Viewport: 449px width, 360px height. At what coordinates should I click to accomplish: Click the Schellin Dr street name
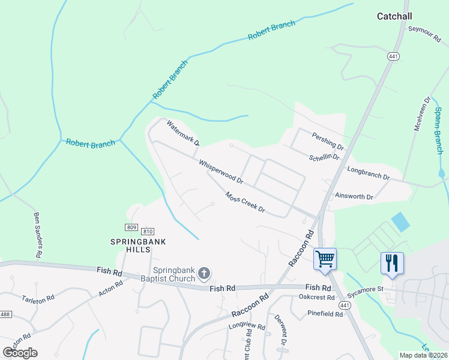coord(324,157)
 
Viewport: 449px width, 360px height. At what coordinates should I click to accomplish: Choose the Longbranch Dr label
coord(369,174)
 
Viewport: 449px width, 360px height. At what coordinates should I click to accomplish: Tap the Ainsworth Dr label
coord(354,196)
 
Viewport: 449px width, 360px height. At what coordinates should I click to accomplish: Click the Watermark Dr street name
coord(183,134)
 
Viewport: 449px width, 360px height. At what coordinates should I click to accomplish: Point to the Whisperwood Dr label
coord(221,172)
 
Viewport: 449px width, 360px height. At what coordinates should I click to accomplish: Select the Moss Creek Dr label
coord(245,202)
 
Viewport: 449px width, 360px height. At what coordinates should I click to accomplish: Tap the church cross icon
coord(204,274)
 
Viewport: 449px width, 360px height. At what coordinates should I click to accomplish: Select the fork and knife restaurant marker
coord(392,263)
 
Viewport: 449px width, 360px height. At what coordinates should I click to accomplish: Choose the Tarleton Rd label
coord(38,298)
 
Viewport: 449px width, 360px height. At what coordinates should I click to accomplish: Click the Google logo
coord(20,352)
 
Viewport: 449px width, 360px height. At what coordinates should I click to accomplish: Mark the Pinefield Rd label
coord(324,313)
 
